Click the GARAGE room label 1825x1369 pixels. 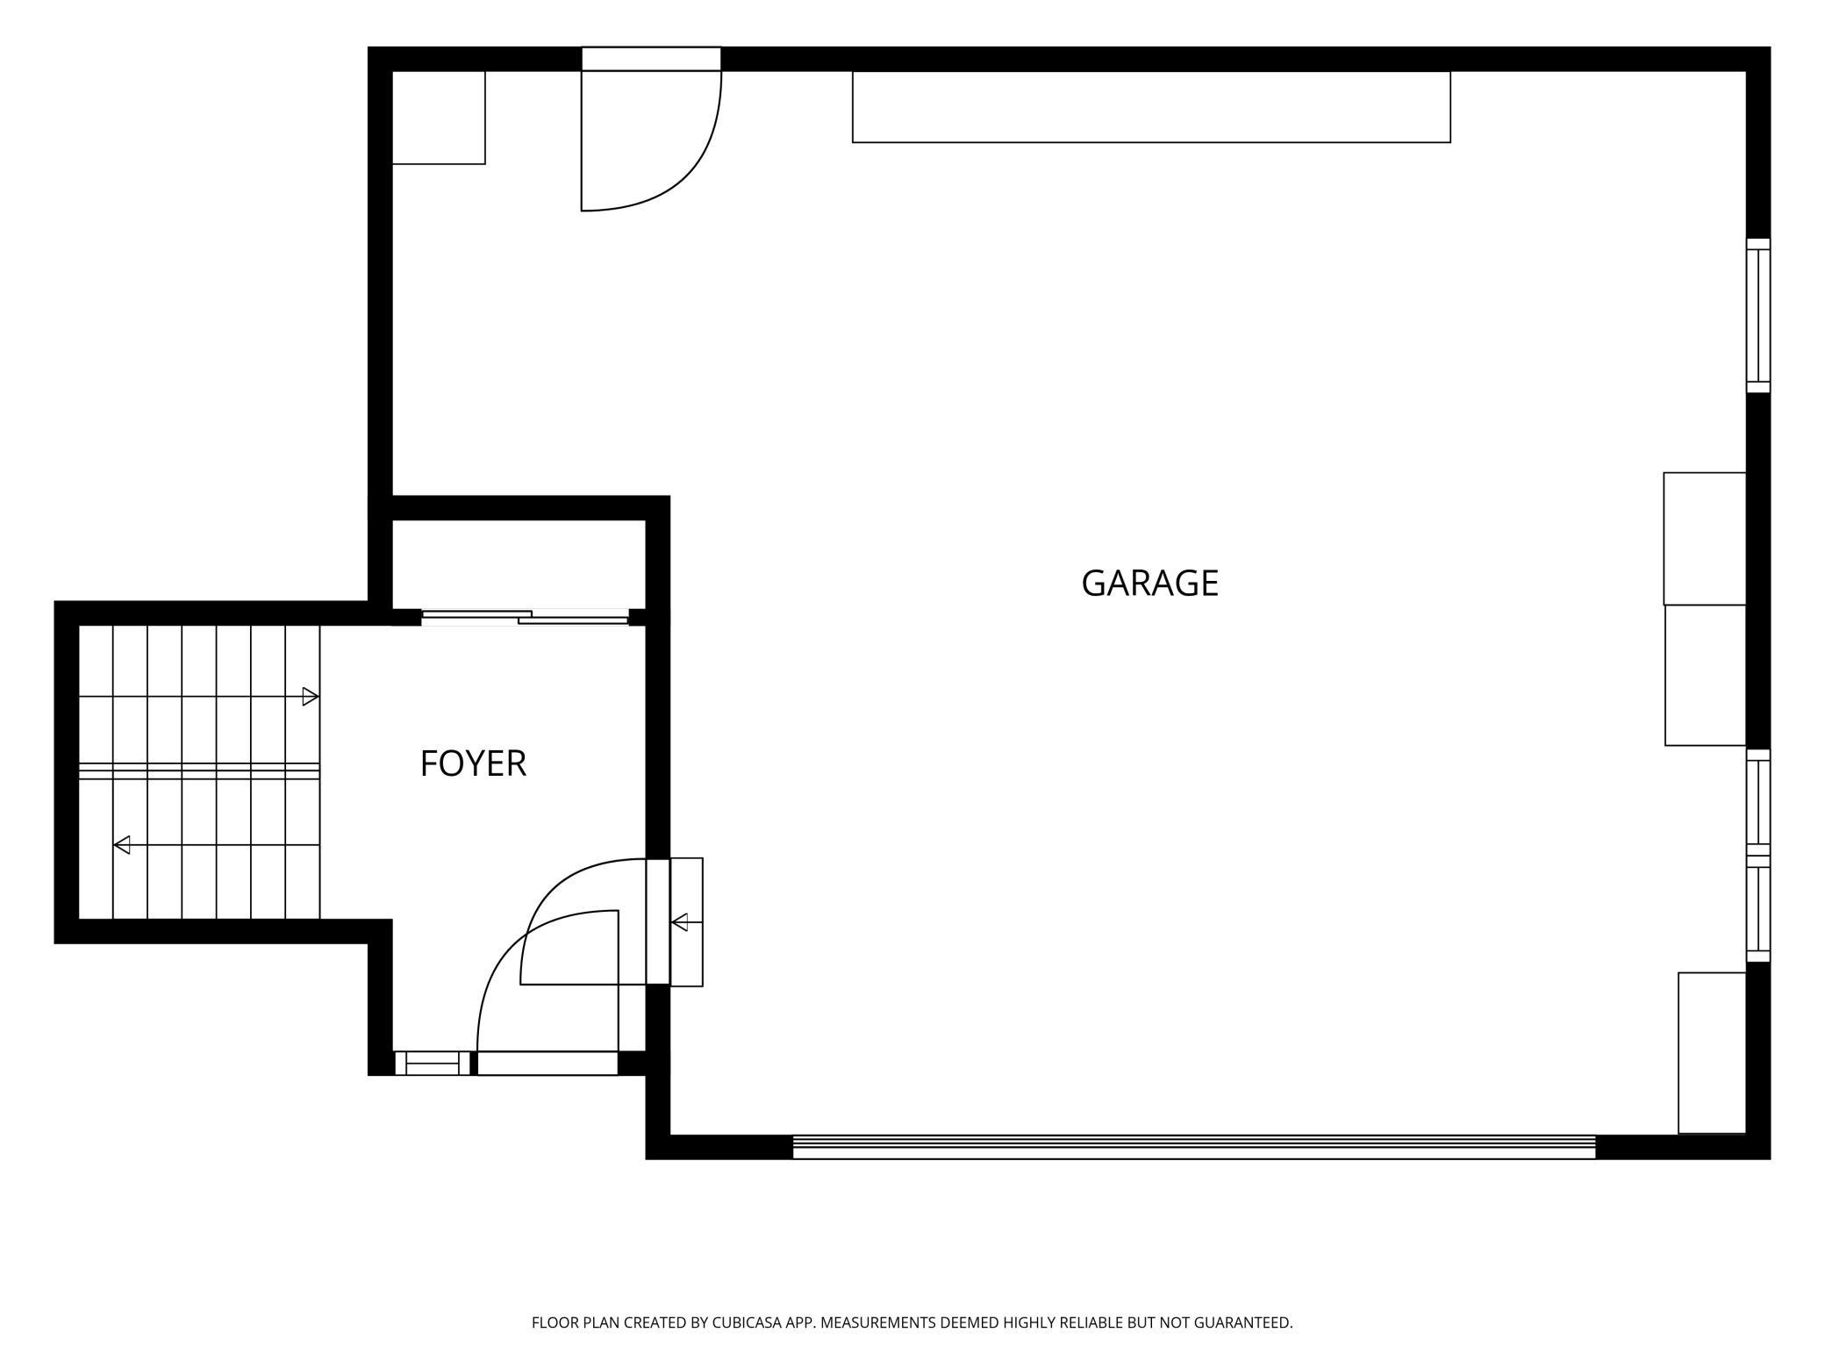pyautogui.click(x=1149, y=584)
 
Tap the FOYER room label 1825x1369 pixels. pyautogui.click(x=473, y=763)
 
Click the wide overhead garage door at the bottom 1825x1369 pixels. pyautogui.click(x=1194, y=1147)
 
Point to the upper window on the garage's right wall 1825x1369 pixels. pyautogui.click(x=1757, y=316)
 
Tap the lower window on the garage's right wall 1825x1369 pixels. pyautogui.click(x=1757, y=856)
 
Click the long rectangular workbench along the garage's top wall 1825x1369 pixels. pyautogui.click(x=1151, y=106)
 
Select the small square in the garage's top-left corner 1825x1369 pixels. pyautogui.click(x=439, y=117)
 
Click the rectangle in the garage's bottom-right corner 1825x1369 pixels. pyautogui.click(x=1712, y=1053)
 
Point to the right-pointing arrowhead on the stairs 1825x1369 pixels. pyautogui.click(x=310, y=697)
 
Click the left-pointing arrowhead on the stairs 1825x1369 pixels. pyautogui.click(x=122, y=845)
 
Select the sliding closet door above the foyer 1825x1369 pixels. pyautogui.click(x=525, y=618)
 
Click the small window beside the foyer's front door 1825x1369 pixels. pyautogui.click(x=432, y=1063)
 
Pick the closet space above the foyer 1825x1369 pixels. pyautogui.click(x=519, y=564)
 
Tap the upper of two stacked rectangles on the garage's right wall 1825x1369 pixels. pyautogui.click(x=1705, y=539)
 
